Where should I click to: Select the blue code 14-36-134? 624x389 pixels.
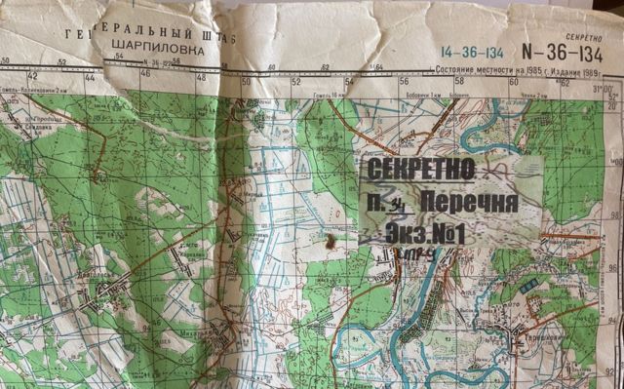tap(473, 52)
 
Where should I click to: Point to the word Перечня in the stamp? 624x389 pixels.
tap(471, 203)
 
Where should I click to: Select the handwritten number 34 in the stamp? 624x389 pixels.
tap(398, 203)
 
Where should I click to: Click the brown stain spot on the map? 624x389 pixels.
tap(329, 239)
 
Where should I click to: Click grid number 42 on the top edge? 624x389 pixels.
tap(32, 76)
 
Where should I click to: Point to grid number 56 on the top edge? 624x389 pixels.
tap(404, 82)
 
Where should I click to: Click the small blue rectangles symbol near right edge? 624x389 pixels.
tap(527, 288)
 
